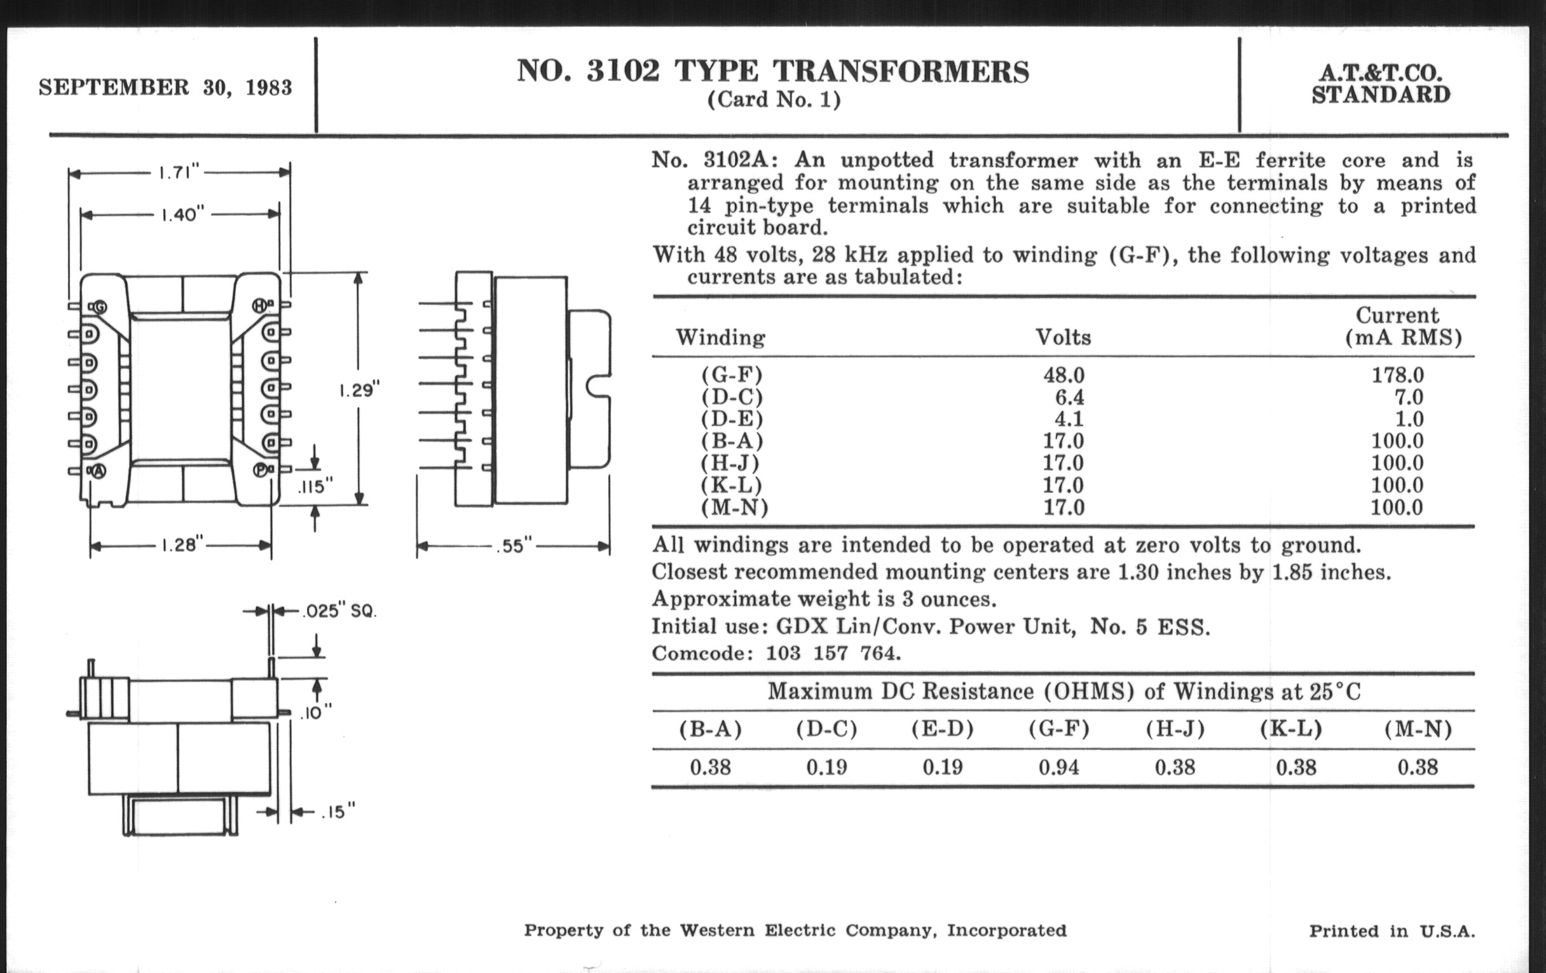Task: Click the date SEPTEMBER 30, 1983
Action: click(x=165, y=87)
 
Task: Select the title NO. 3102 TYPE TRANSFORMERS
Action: click(x=773, y=71)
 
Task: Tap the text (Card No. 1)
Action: click(x=774, y=100)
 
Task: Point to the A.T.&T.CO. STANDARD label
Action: click(x=1380, y=84)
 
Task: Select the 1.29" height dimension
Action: click(x=360, y=390)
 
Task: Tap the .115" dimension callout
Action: click(x=315, y=487)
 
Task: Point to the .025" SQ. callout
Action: click(x=338, y=611)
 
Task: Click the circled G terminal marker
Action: click(x=100, y=307)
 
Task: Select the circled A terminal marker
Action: click(x=99, y=471)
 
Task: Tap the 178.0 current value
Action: click(x=1398, y=375)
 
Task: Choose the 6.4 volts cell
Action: click(x=1069, y=397)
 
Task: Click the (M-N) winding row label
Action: click(x=734, y=507)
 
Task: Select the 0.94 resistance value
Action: click(x=1058, y=767)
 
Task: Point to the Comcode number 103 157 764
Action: click(x=833, y=653)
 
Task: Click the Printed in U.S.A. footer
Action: click(x=1392, y=930)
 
